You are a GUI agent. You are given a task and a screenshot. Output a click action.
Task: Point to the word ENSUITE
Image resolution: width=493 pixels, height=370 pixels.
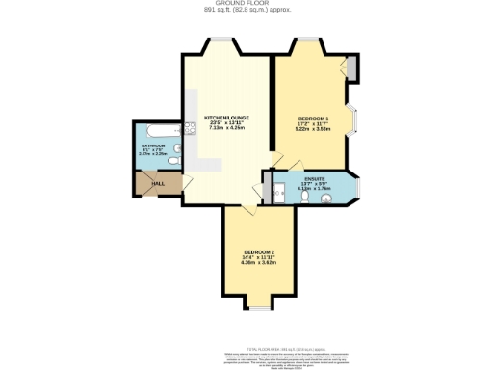pyautogui.click(x=314, y=178)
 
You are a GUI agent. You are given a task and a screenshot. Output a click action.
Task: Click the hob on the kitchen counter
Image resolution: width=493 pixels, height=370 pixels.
pyautogui.click(x=191, y=130)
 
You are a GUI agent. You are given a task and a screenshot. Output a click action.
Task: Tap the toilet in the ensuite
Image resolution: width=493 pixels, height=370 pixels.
pyautogui.click(x=328, y=198)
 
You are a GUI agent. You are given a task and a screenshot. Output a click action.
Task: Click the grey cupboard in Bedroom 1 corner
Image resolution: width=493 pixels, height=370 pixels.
pyautogui.click(x=352, y=68)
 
